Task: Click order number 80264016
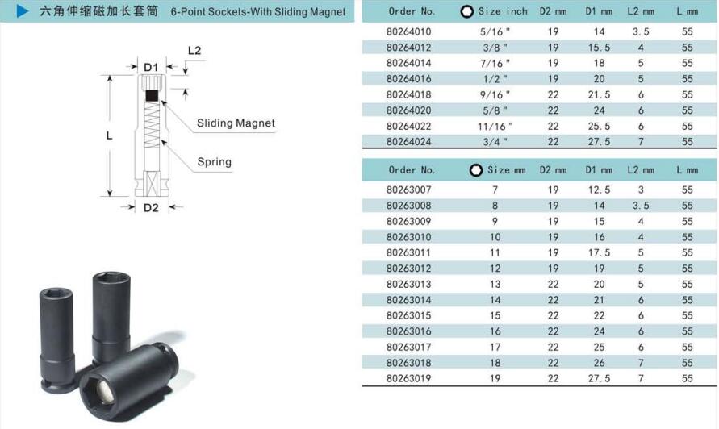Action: tap(408, 79)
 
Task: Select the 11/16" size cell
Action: tap(495, 126)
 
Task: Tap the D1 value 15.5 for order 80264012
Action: tap(599, 48)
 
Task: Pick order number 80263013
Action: tap(408, 284)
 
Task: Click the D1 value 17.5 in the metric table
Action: tap(599, 252)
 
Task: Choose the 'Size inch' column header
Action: tap(503, 11)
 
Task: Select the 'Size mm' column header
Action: tap(506, 170)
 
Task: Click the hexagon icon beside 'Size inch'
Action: tap(466, 12)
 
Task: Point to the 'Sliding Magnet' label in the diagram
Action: tap(236, 123)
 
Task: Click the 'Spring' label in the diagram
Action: tap(214, 162)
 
